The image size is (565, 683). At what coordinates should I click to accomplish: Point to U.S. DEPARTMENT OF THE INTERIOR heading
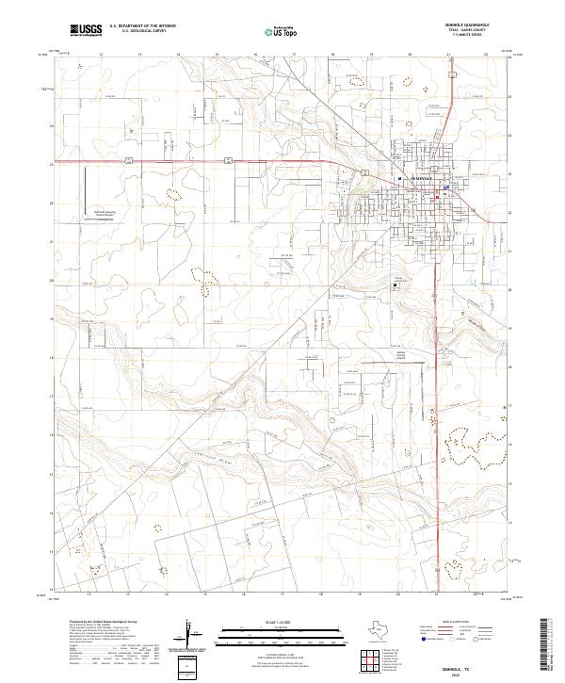tap(142, 27)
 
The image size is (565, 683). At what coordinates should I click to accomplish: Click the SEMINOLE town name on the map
tap(416, 177)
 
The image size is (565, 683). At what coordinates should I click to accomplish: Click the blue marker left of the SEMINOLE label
tap(399, 178)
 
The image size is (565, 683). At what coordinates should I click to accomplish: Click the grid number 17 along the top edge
tap(294, 55)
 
